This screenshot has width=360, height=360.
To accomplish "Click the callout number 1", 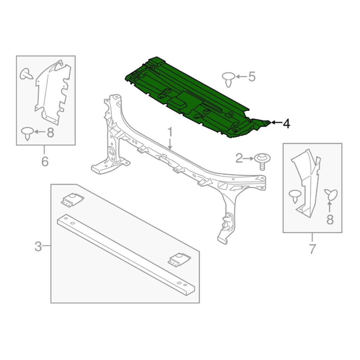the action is tap(170, 132).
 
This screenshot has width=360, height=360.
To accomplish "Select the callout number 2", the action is tap(239, 159).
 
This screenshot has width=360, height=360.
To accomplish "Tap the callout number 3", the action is tap(38, 246).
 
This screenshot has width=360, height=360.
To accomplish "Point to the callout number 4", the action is tap(286, 124).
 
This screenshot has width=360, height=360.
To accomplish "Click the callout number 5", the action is tap(252, 76).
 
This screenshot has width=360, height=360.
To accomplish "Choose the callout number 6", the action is tap(45, 161).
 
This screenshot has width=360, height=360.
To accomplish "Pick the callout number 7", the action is tap(313, 249).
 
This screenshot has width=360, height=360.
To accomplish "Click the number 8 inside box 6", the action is tap(50, 133).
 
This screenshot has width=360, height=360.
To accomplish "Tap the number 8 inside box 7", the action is tap(330, 220).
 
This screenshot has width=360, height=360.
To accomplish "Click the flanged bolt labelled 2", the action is tap(262, 162).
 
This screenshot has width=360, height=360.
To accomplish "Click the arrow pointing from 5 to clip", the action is tap(241, 76).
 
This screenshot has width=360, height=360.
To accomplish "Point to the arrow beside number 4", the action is tap(276, 123).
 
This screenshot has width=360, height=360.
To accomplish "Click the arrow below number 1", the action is tap(170, 144).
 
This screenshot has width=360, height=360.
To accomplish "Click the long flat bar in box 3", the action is tap(126, 255).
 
